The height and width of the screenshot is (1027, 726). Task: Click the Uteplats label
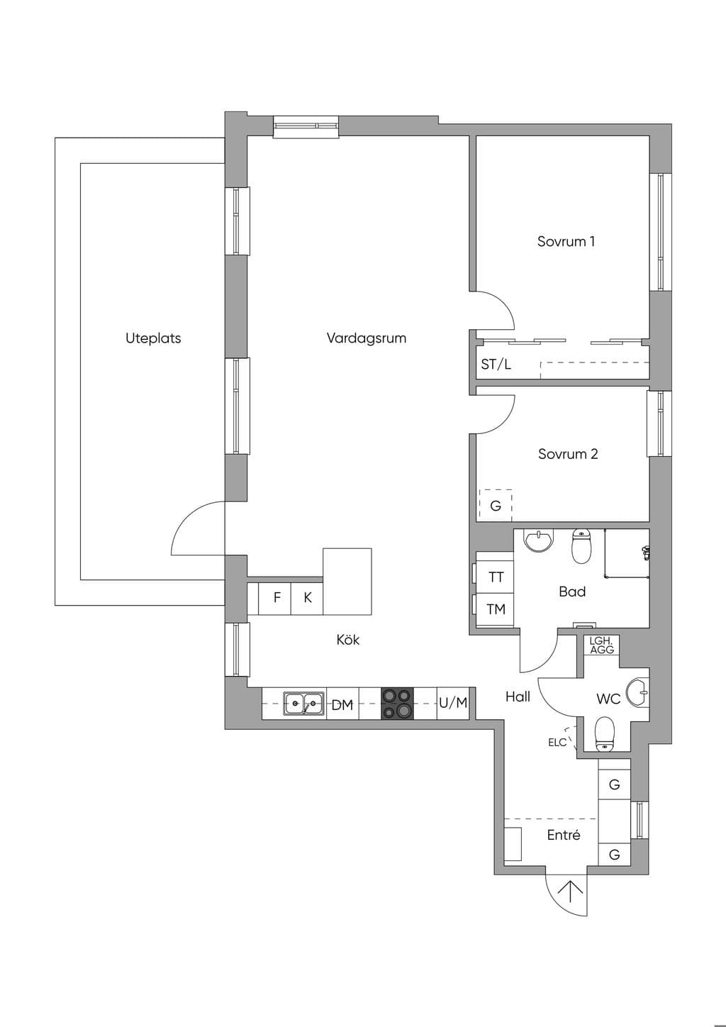click(x=153, y=338)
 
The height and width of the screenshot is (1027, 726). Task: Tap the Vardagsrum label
click(x=367, y=338)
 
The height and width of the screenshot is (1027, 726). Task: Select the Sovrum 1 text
click(x=566, y=241)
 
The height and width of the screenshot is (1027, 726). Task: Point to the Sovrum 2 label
click(x=568, y=454)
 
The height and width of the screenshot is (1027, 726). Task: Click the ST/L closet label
click(x=496, y=365)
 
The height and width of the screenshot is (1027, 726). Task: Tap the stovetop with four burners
click(x=397, y=703)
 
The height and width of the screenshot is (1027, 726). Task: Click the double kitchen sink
click(x=303, y=703)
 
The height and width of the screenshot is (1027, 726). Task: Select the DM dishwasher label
click(x=342, y=705)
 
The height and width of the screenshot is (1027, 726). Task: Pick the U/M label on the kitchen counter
click(x=453, y=702)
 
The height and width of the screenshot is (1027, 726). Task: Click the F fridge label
click(x=277, y=597)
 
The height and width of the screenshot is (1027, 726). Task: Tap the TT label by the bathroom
click(x=496, y=577)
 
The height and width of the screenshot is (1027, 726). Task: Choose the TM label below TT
click(x=496, y=609)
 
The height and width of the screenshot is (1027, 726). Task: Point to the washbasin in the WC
click(x=637, y=692)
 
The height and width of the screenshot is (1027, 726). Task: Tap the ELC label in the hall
click(x=557, y=743)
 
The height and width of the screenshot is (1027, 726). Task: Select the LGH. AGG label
click(x=601, y=645)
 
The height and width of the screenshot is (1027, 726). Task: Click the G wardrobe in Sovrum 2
click(x=496, y=506)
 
